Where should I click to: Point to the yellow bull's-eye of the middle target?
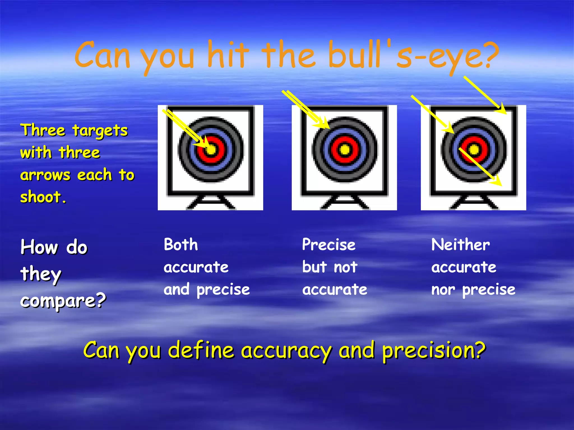click(345, 149)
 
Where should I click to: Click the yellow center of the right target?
click(474, 149)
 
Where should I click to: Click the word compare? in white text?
click(63, 301)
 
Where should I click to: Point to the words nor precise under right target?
click(473, 290)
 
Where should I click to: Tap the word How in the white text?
click(39, 247)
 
